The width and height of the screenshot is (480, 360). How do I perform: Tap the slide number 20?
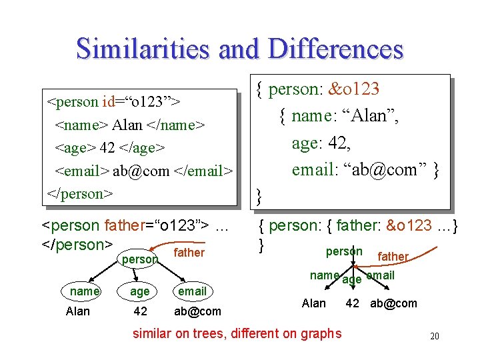[434, 337]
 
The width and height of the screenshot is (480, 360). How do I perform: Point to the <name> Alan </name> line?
[130, 125]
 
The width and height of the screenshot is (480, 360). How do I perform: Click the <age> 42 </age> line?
[110, 148]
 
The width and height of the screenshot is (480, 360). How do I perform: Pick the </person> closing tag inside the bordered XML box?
[79, 193]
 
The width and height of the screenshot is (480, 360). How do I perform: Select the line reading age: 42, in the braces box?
[321, 143]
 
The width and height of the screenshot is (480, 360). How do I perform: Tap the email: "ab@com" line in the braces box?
[365, 169]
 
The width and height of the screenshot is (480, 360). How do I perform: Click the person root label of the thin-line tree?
[139, 259]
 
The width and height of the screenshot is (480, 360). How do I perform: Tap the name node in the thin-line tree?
[85, 291]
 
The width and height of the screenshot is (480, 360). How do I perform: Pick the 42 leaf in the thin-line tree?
[140, 311]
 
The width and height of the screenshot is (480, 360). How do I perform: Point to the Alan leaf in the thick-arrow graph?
[314, 303]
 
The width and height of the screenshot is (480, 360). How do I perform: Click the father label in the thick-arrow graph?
[393, 257]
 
